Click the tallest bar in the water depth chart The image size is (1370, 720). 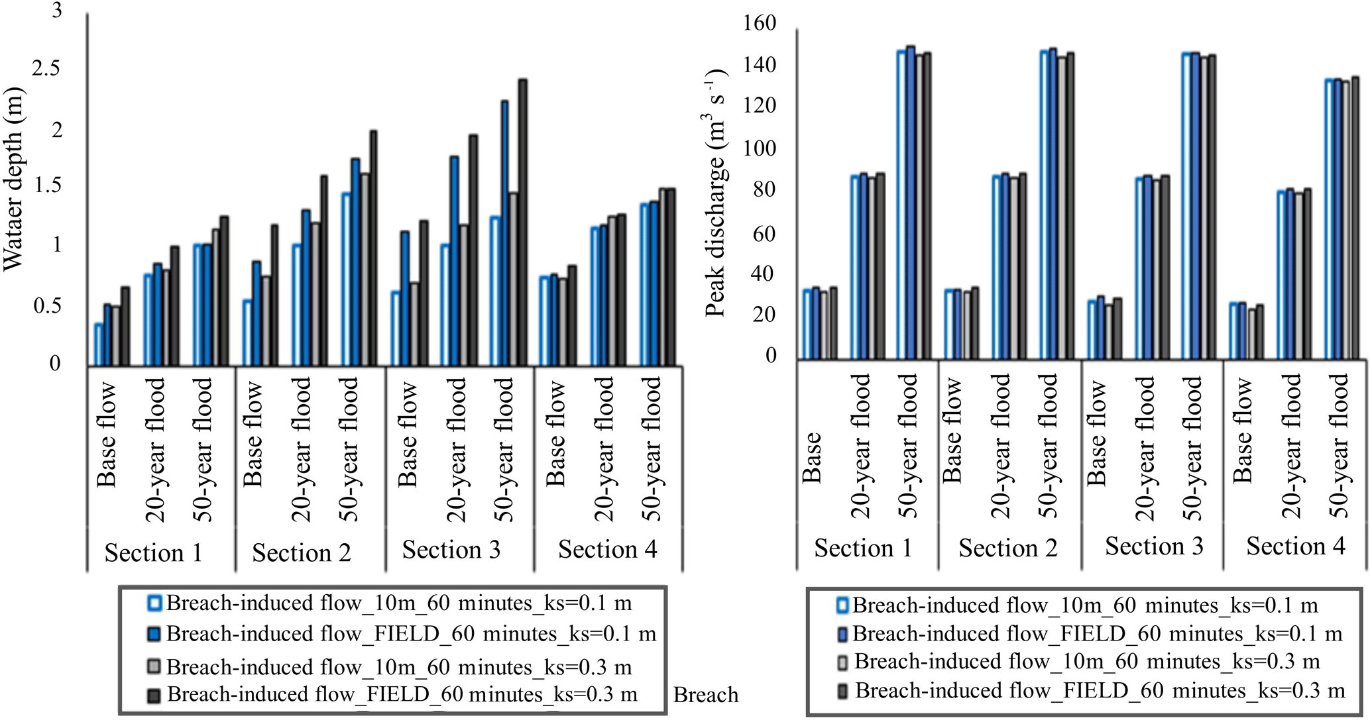click(x=522, y=223)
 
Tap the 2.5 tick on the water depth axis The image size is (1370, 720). click(x=60, y=69)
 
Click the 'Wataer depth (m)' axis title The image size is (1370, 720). click(x=13, y=179)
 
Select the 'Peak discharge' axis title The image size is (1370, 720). click(x=716, y=192)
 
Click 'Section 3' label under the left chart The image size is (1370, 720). click(x=451, y=550)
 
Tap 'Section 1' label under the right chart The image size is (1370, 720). click(x=863, y=549)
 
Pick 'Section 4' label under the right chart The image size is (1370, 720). click(x=1295, y=547)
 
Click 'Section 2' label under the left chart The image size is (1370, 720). click(x=301, y=553)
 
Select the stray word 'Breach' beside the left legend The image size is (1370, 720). click(x=706, y=695)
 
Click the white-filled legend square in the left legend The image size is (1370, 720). click(x=155, y=603)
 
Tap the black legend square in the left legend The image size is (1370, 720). click(x=154, y=695)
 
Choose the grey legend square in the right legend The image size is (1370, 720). click(x=842, y=662)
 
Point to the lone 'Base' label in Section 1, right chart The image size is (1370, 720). click(x=811, y=457)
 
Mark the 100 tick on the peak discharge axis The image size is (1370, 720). click(x=760, y=148)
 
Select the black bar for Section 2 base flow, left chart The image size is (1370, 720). click(x=274, y=295)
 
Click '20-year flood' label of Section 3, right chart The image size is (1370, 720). click(x=1145, y=447)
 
